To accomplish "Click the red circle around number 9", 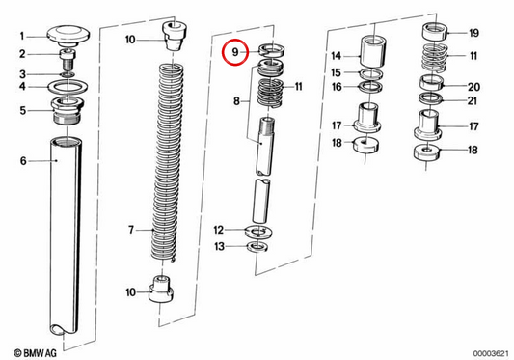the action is [x=223, y=52].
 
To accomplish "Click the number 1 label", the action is [x=22, y=36].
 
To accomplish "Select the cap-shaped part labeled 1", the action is [x=68, y=36].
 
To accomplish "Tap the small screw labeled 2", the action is [x=68, y=59].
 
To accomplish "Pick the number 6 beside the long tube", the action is [x=23, y=161].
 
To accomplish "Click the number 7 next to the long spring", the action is [x=131, y=230].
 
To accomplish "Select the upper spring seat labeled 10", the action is [x=175, y=36].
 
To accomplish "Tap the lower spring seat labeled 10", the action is [x=161, y=289].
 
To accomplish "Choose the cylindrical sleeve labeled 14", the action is [x=374, y=51].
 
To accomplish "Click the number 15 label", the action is [x=336, y=72].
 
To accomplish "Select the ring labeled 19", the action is [x=435, y=33].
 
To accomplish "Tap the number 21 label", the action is [x=472, y=100].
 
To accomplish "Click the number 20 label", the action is [x=473, y=87].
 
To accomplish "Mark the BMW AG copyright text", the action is [x=36, y=353].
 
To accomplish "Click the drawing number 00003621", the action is [x=491, y=353].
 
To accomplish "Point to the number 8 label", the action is [x=236, y=101].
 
